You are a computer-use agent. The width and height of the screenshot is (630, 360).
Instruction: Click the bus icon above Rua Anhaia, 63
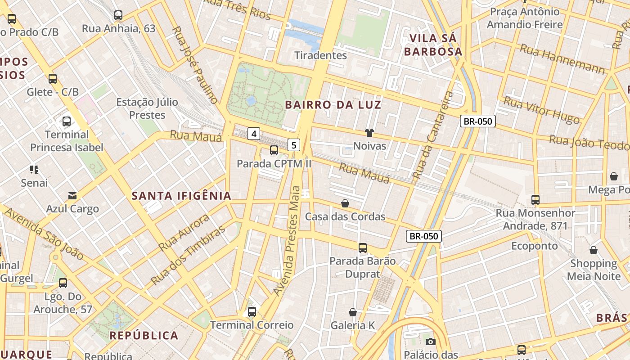coord(118,16)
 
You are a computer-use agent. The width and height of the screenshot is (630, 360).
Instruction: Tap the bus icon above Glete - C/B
coord(53,79)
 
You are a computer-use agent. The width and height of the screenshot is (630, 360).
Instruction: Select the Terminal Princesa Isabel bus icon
coord(67,121)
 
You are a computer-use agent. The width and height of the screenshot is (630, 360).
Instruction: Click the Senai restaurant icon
coord(34,170)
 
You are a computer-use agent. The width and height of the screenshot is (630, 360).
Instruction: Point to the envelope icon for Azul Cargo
coord(72,196)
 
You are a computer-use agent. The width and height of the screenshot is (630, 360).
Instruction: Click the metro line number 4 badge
coord(254,134)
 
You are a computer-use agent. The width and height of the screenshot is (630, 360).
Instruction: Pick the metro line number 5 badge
coord(294,145)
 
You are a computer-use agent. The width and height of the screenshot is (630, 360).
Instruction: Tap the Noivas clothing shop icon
coord(369,133)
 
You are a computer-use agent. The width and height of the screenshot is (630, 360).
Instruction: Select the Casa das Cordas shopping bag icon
coord(345,203)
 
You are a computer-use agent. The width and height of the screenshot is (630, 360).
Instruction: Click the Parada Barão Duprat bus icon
coord(363,248)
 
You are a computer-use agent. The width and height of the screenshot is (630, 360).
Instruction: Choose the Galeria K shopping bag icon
coord(353,312)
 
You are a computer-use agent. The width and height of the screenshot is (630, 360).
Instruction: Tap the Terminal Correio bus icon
coord(252,312)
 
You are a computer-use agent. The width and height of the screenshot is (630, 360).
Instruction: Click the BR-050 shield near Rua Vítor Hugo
coord(477,121)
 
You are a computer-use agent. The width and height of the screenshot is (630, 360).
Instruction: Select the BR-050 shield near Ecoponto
coord(424,236)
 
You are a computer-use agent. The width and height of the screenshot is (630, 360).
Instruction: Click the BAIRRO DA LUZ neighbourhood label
coord(333,105)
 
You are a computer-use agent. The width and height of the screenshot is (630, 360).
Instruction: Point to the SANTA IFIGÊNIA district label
coord(181,196)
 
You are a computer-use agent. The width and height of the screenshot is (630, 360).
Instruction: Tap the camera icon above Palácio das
coord(431,342)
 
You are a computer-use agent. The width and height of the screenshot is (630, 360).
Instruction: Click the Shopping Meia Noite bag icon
coord(593,250)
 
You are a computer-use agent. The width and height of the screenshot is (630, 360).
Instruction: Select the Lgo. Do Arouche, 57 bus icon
coord(63,283)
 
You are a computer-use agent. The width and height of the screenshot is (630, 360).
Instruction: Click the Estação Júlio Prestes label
coord(147,108)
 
